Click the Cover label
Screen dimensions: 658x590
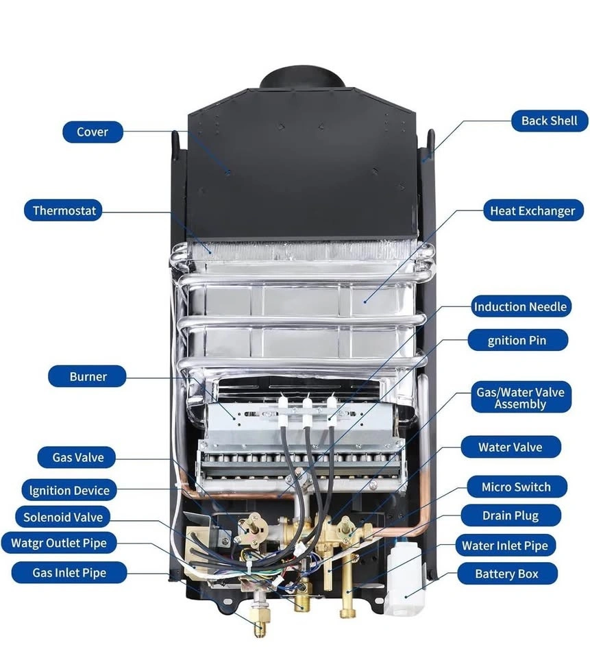pos(93,132)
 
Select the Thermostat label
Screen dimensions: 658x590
pos(64,210)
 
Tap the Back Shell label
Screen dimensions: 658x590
pos(549,121)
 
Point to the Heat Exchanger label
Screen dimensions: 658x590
pos(532,210)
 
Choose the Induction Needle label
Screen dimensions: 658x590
pos(520,306)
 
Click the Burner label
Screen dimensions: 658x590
pos(88,376)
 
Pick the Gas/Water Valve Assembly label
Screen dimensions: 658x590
pos(521,398)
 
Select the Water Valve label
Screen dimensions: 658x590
pos(510,448)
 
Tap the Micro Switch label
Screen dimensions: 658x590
pos(515,487)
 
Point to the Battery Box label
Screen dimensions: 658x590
pos(506,574)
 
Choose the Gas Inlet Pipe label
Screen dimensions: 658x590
pos(69,572)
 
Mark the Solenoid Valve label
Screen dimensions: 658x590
pos(62,517)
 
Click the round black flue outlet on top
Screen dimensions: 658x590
pos(302,77)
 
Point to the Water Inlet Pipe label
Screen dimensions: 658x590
pos(505,546)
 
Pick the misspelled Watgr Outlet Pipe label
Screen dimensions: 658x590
pos(59,544)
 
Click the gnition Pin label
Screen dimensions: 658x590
pos(518,340)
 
